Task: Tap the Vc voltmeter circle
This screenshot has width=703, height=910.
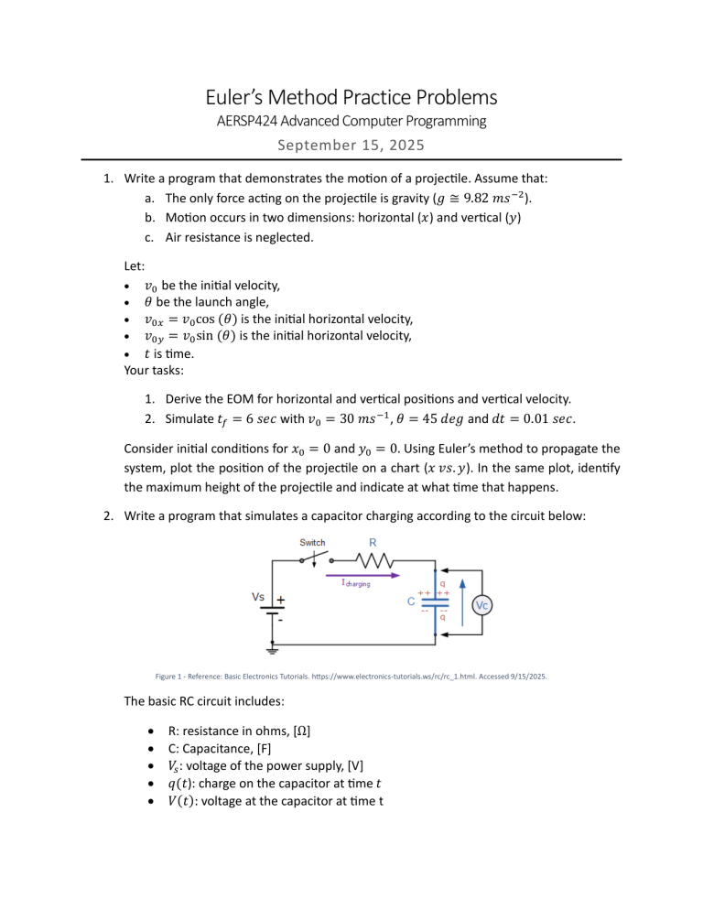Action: (484, 605)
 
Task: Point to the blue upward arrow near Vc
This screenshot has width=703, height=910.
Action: (461, 604)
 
